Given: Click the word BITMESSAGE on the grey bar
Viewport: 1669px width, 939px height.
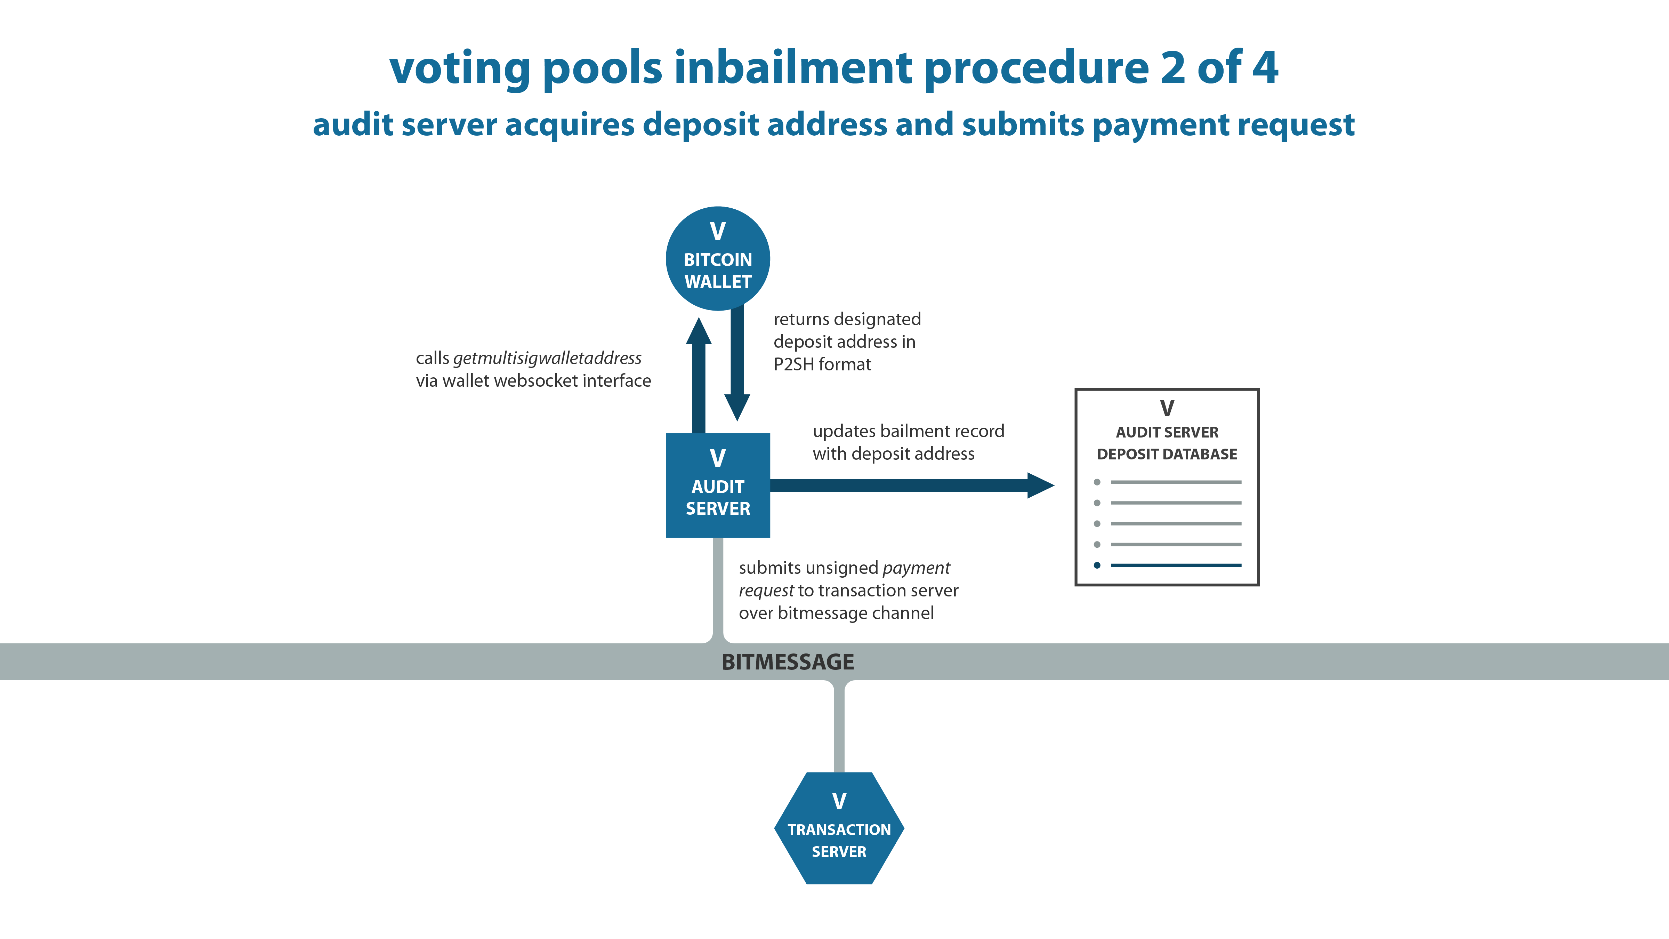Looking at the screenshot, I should [x=788, y=661].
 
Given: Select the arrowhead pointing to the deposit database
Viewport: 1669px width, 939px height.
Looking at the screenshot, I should [x=1041, y=485].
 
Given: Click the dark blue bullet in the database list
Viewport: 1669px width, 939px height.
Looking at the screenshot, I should [x=1097, y=565].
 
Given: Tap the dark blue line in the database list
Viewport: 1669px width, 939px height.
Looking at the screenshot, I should [x=1176, y=565].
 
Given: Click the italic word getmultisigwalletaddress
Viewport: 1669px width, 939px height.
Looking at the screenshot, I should [x=548, y=358].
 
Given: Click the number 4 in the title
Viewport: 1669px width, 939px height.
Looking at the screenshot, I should [x=1265, y=67].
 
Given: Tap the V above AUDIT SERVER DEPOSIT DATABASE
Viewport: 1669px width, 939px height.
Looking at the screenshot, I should [x=1167, y=408].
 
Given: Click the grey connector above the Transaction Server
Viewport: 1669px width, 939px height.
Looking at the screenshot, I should [x=839, y=726].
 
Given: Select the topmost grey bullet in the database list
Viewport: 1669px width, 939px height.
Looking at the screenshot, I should [x=1097, y=482].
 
